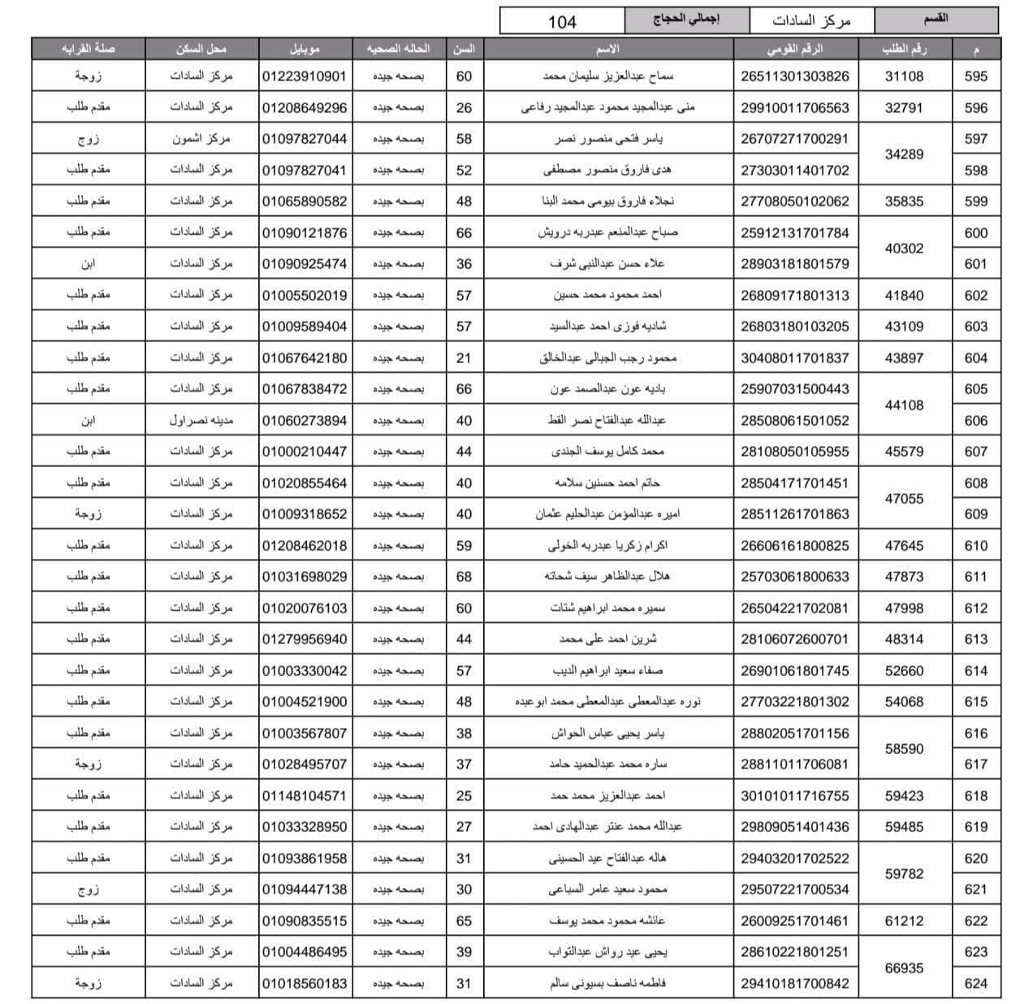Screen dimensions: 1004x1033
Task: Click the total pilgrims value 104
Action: click(562, 21)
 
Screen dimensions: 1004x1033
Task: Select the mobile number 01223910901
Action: click(305, 76)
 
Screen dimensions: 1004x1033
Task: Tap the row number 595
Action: click(975, 76)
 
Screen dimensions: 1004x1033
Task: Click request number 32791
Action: click(904, 107)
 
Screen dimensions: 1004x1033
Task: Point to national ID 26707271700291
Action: click(794, 139)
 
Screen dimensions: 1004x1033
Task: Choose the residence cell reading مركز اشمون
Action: click(201, 139)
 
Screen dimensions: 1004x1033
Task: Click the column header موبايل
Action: click(305, 49)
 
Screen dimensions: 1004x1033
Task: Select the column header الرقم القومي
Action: click(794, 49)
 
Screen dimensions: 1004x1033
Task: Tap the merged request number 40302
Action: click(904, 249)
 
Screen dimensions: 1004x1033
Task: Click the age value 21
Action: click(464, 357)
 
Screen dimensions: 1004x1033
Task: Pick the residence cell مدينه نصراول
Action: click(201, 420)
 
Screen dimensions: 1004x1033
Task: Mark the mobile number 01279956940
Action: click(305, 639)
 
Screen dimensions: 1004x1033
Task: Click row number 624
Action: click(975, 984)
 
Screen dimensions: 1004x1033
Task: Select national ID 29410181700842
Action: click(794, 984)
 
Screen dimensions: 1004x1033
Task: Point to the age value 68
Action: click(464, 577)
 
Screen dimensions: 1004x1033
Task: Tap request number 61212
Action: click(904, 921)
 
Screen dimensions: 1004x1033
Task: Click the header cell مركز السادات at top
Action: click(811, 21)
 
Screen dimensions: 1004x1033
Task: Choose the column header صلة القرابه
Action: click(89, 49)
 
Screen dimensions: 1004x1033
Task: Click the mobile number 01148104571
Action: click(305, 796)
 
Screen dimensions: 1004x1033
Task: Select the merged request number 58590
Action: click(904, 749)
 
